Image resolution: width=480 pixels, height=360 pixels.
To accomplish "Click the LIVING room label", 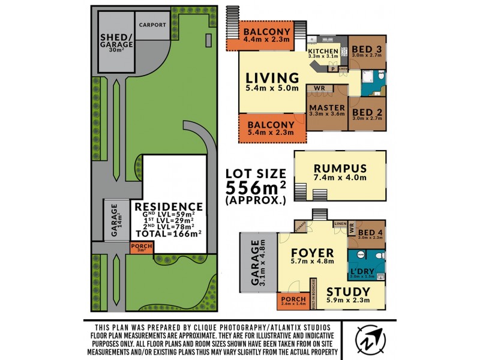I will (272, 78).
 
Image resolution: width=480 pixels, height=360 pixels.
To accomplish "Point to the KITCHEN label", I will (324, 52).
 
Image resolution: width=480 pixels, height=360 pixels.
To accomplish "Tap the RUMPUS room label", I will (340, 169).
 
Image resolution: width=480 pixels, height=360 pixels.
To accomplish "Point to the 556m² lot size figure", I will (255, 187).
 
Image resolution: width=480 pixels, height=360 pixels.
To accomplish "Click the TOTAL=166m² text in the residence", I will (168, 234).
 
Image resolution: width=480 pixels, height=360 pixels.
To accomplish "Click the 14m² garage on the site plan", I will (115, 220).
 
